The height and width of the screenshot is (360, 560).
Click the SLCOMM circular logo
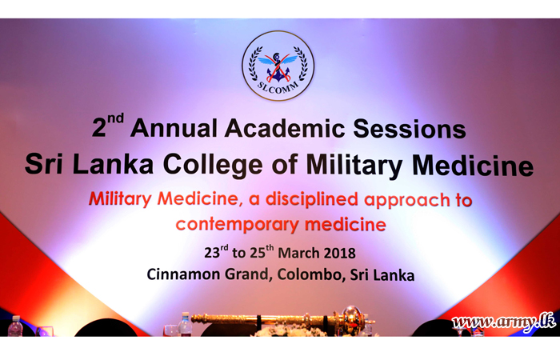278,66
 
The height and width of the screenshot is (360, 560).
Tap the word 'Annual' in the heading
174,128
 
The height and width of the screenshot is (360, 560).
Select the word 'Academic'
285,128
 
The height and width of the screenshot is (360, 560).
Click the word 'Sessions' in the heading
410,129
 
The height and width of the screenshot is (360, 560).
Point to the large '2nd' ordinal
108,126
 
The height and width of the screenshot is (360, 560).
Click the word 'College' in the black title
213,166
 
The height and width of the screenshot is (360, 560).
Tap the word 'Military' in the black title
354,166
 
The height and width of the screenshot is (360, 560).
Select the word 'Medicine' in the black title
473,166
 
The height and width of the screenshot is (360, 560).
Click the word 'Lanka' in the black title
114,164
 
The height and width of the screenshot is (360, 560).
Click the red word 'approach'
407,201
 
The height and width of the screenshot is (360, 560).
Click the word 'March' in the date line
298,254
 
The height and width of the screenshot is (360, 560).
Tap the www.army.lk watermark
503,322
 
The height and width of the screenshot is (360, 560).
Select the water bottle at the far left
15,326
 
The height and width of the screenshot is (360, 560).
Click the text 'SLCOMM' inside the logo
278,88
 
